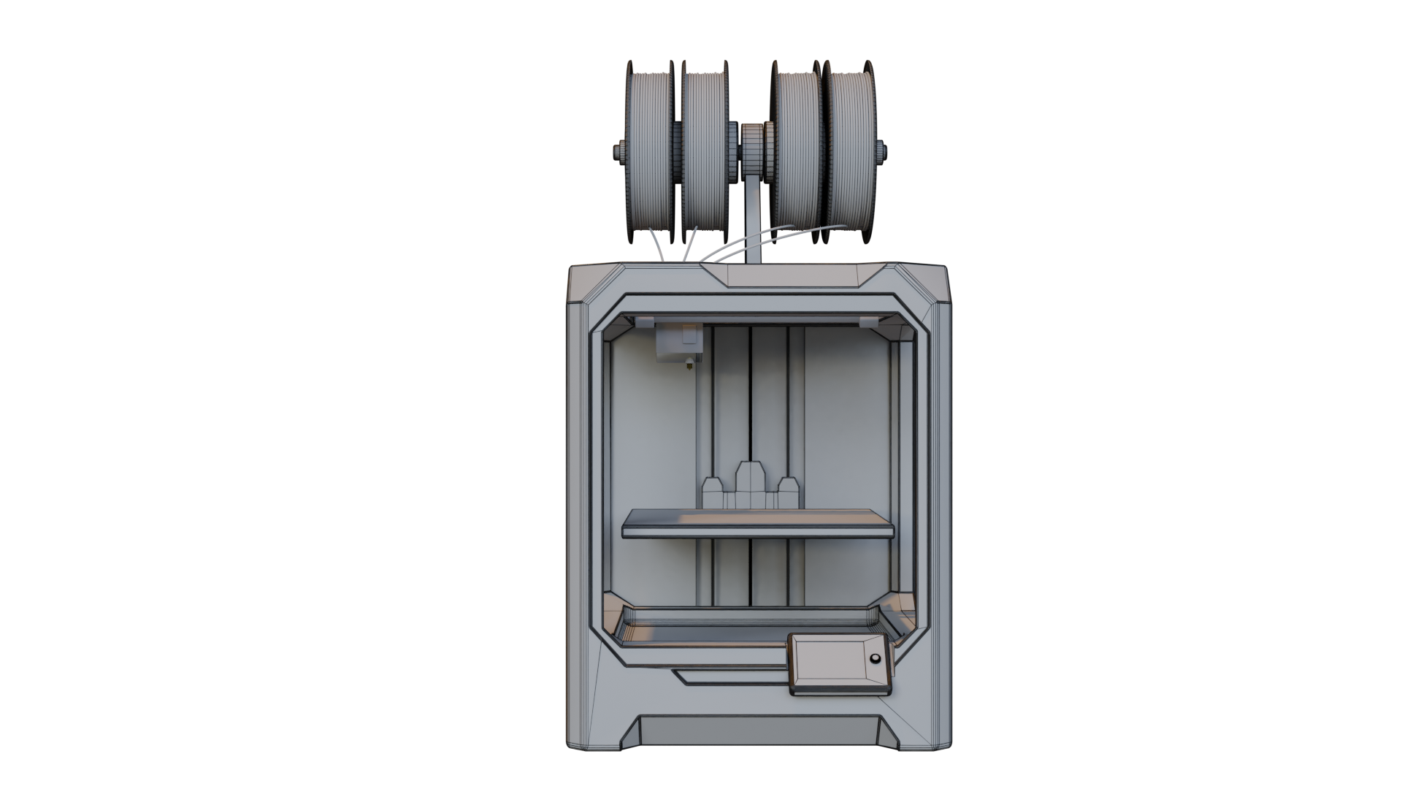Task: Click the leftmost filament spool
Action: point(651,153)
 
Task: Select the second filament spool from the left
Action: point(705,153)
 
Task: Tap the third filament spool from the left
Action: point(797,153)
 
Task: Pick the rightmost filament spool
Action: point(851,153)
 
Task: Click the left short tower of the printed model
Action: point(713,492)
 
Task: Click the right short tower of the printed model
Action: point(786,492)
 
